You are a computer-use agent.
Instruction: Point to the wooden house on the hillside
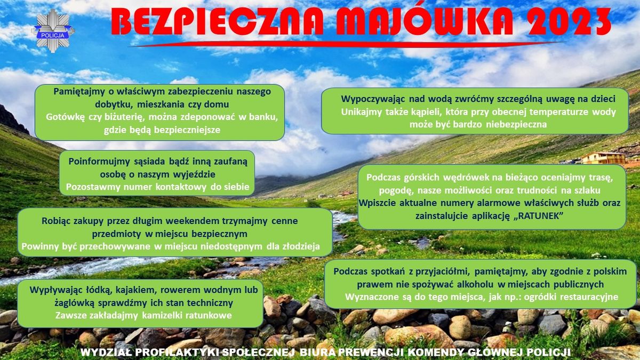tap(603, 157)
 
